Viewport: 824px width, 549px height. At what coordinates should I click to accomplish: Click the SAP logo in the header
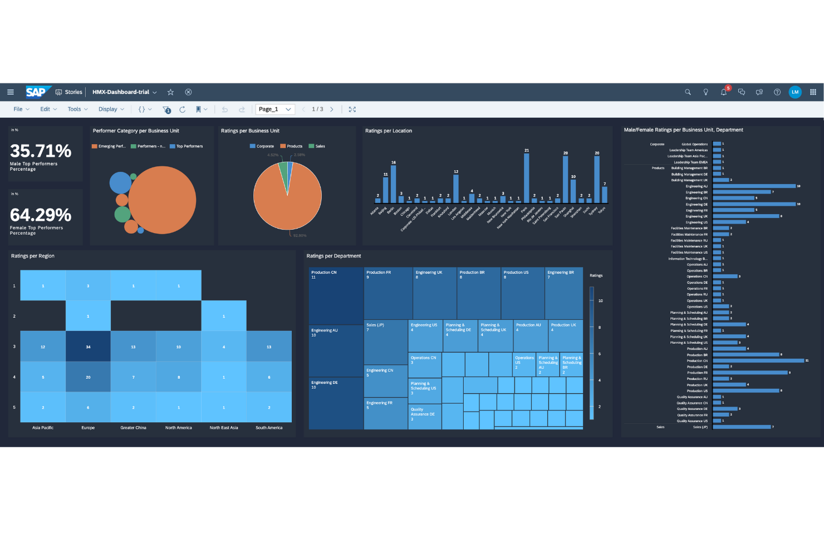click(x=37, y=92)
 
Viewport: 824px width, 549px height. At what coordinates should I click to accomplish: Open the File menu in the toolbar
click(x=18, y=109)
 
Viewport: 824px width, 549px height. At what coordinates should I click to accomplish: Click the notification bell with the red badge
click(x=723, y=92)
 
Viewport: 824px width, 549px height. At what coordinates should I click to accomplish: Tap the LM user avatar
click(x=794, y=92)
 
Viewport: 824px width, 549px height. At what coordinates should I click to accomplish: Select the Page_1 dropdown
click(x=274, y=109)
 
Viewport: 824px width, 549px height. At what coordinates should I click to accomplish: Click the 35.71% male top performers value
click(x=41, y=151)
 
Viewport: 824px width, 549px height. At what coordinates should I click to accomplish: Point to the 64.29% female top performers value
click(x=41, y=215)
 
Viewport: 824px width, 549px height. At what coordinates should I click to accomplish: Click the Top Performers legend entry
click(x=189, y=146)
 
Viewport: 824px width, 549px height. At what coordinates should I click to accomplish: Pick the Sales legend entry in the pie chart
click(x=319, y=146)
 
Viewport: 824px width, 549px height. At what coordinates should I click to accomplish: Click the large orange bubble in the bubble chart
click(x=163, y=200)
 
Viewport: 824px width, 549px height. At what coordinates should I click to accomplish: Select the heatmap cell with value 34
click(x=88, y=347)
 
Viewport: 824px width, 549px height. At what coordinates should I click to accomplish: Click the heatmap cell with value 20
click(x=88, y=377)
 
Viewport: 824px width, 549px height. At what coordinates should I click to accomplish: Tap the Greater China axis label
click(x=133, y=428)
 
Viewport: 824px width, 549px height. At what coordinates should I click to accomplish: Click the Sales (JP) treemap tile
click(x=385, y=342)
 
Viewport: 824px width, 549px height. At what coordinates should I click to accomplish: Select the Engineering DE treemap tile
click(x=336, y=403)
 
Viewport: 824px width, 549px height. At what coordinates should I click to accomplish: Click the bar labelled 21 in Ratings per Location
click(x=527, y=178)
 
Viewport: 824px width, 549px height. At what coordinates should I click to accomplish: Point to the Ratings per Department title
click(x=333, y=256)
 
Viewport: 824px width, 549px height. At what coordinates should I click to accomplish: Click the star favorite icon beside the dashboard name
click(x=171, y=92)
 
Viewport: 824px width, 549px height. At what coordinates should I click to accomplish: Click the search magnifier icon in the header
click(x=688, y=92)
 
